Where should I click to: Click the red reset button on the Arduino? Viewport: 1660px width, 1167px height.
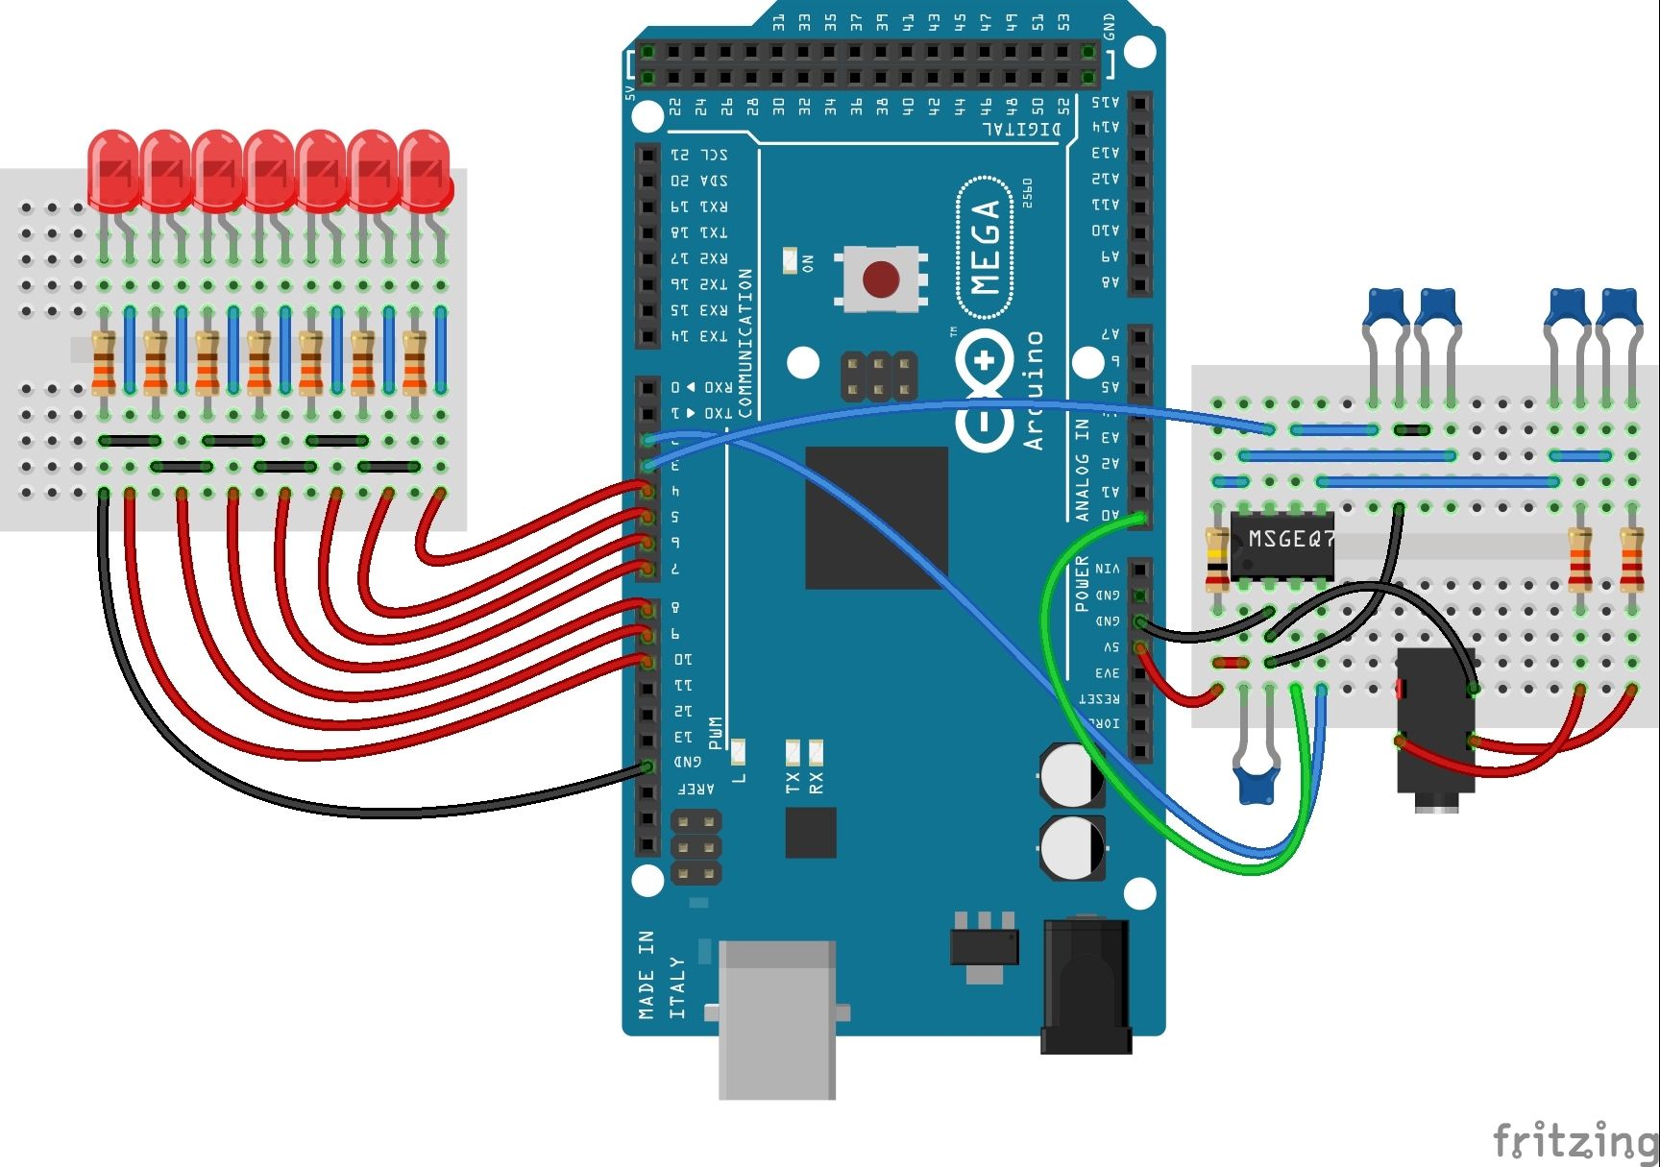[881, 280]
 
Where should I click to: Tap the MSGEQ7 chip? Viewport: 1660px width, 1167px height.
[1282, 546]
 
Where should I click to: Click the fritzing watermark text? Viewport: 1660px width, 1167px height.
[1575, 1141]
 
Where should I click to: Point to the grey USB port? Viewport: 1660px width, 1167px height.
[776, 1018]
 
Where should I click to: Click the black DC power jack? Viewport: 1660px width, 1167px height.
[1086, 985]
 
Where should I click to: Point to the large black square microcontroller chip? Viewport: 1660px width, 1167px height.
[876, 518]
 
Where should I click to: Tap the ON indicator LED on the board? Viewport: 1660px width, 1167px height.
[791, 260]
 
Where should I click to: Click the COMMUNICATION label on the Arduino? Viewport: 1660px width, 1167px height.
[745, 342]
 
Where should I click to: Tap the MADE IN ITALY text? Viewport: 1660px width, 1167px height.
[661, 975]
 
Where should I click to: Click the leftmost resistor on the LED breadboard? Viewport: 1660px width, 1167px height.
[104, 362]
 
